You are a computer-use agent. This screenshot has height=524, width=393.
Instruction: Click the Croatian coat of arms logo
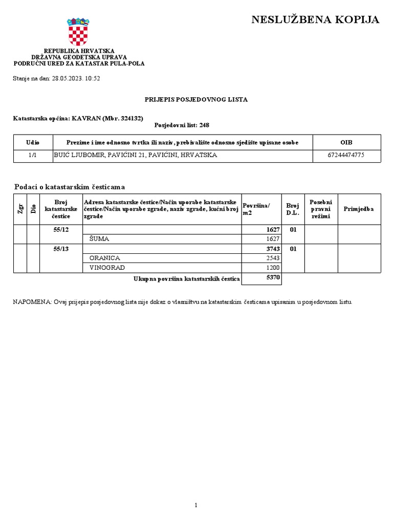[78, 32]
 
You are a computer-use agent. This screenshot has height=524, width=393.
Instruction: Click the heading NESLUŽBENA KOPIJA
[315, 20]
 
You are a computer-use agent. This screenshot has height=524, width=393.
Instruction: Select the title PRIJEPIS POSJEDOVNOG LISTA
[196, 99]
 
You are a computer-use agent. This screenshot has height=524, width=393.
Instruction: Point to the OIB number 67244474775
[346, 155]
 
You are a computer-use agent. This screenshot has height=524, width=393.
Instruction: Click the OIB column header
[346, 142]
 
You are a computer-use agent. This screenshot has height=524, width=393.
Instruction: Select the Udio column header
[33, 142]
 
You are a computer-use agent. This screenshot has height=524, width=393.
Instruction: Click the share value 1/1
[33, 155]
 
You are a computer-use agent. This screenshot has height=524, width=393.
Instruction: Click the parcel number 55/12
[61, 229]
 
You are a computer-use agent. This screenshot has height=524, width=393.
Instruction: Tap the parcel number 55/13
[61, 249]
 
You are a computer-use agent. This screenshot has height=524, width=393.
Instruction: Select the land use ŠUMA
[99, 239]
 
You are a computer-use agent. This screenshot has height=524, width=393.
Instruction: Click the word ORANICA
[104, 258]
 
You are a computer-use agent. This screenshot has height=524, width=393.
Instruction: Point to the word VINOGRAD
[107, 268]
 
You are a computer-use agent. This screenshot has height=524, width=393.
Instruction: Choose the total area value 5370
[273, 277]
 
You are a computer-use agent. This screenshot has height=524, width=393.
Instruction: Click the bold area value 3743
[273, 249]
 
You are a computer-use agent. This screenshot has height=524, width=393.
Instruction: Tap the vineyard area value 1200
[273, 268]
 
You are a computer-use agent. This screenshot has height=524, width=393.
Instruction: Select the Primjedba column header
[359, 209]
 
